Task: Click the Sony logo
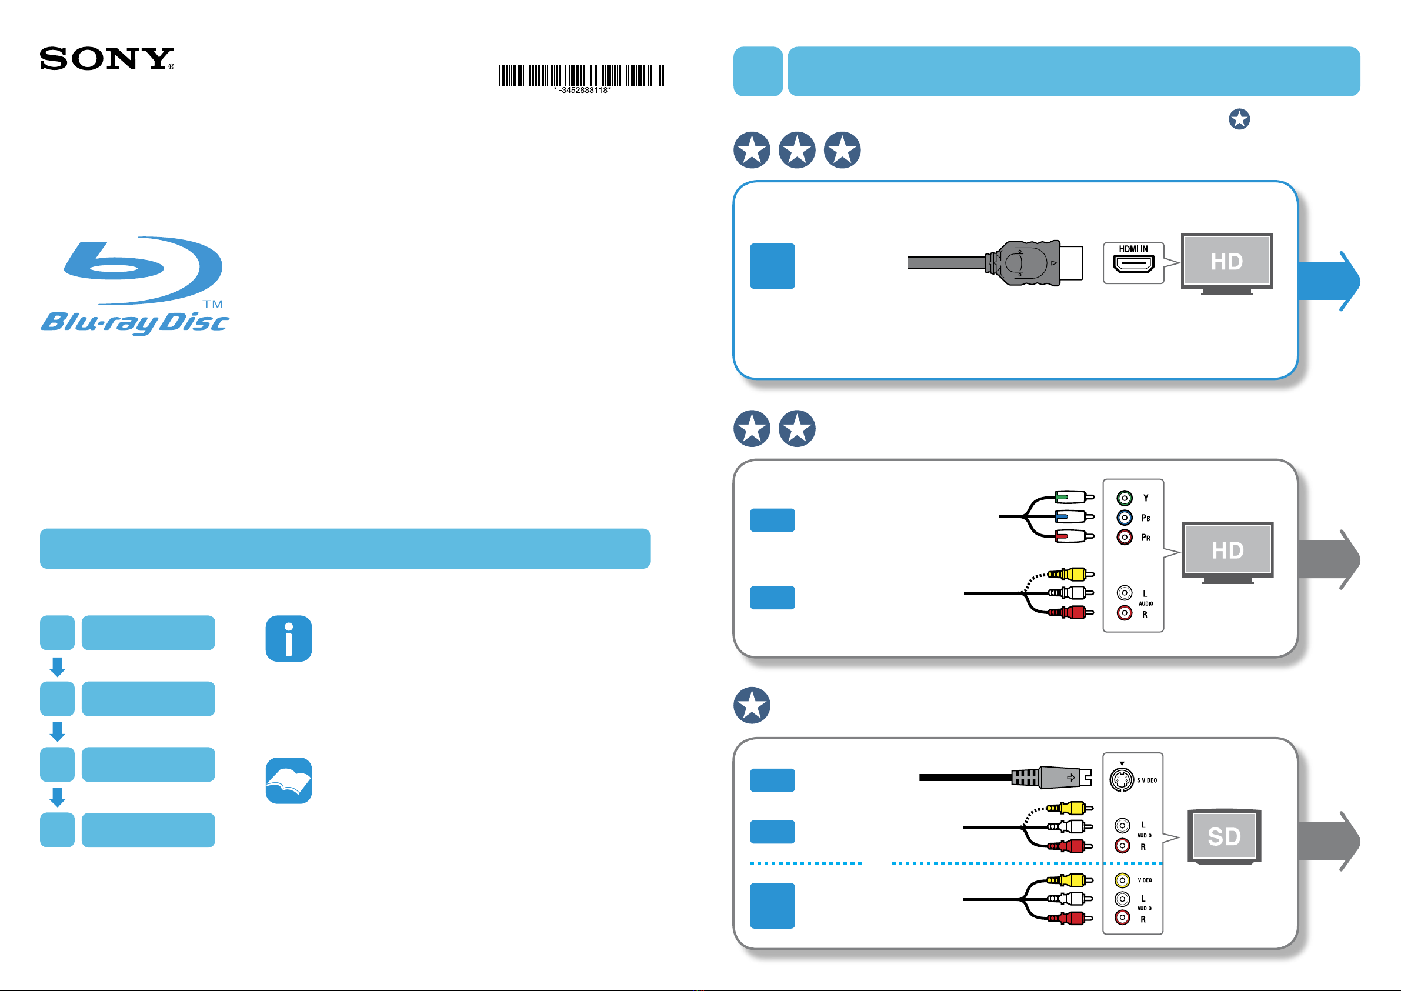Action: point(107,59)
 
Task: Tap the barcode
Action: point(582,76)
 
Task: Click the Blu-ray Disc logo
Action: point(135,286)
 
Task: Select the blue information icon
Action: point(289,638)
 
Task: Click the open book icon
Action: point(289,780)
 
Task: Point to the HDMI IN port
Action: point(1133,264)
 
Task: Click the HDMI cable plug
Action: point(1033,263)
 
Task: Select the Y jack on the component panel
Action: point(1125,498)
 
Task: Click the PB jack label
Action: point(1145,518)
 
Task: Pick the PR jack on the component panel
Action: point(1125,537)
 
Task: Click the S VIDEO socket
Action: point(1122,779)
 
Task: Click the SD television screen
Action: point(1224,835)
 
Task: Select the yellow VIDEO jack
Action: point(1122,880)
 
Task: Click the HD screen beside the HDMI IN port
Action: point(1226,261)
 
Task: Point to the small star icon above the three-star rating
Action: point(1239,119)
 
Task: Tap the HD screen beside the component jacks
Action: point(1227,550)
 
